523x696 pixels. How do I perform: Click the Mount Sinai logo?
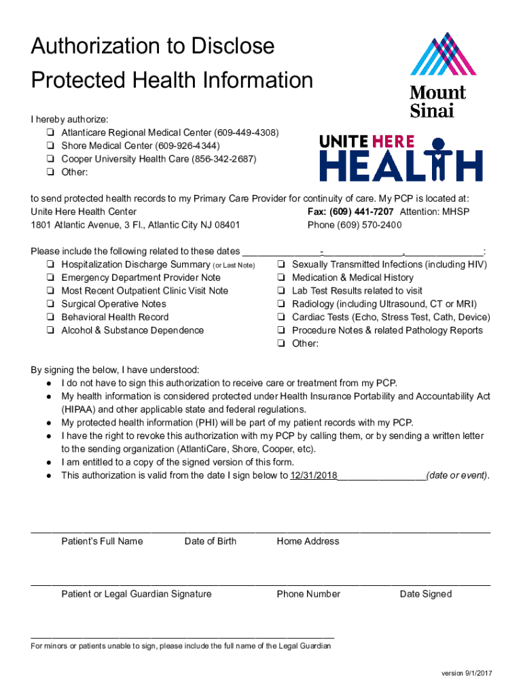[x=438, y=75]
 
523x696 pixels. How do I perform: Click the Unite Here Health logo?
[x=401, y=158]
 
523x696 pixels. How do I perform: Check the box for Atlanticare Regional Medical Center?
[x=51, y=133]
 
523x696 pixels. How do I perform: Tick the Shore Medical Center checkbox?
[x=51, y=146]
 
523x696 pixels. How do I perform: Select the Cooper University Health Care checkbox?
[x=51, y=159]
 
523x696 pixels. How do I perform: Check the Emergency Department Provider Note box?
[x=51, y=278]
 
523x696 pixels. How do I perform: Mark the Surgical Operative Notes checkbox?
[x=51, y=304]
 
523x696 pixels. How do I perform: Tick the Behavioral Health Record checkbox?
[x=51, y=317]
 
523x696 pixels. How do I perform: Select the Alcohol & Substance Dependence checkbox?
[x=51, y=331]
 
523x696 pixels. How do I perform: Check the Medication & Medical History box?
[x=281, y=278]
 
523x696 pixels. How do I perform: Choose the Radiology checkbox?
[x=281, y=304]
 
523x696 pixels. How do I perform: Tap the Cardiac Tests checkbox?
[x=281, y=317]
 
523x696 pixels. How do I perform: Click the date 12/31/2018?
[x=314, y=476]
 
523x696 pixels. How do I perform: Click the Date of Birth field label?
[x=211, y=542]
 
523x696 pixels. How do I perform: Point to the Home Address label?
[x=308, y=542]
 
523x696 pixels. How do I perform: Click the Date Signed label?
[x=425, y=595]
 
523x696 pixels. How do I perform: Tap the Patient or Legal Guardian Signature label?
[x=137, y=595]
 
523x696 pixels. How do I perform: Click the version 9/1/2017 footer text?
[x=467, y=674]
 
